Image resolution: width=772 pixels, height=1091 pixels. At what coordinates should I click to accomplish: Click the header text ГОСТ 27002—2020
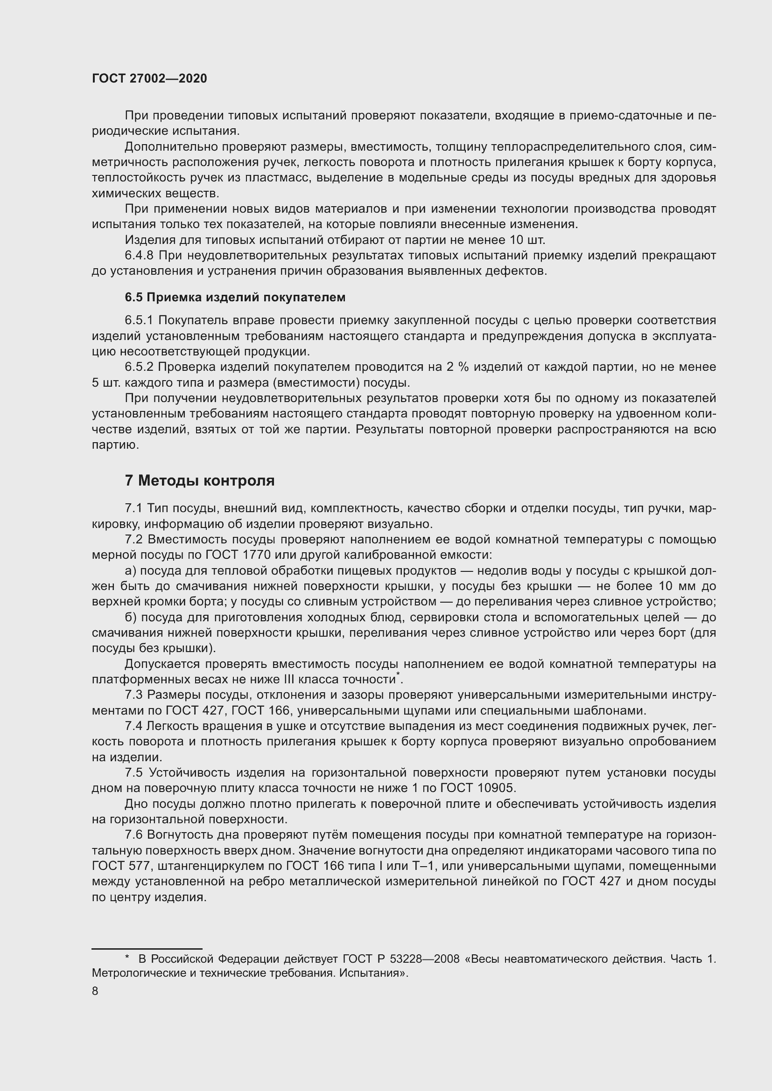pyautogui.click(x=149, y=79)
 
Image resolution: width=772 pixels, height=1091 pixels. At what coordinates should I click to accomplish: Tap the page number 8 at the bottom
pyautogui.click(x=95, y=991)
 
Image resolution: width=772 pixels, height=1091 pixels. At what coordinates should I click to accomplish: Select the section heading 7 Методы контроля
pyautogui.click(x=200, y=481)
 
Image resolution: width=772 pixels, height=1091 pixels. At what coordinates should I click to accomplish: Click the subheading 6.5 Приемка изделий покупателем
pyautogui.click(x=235, y=298)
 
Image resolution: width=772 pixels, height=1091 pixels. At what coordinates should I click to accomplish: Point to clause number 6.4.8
pyautogui.click(x=139, y=256)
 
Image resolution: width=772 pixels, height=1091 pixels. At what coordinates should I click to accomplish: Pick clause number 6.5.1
pyautogui.click(x=139, y=321)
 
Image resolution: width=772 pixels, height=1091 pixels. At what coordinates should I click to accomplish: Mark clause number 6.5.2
pyautogui.click(x=139, y=367)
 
